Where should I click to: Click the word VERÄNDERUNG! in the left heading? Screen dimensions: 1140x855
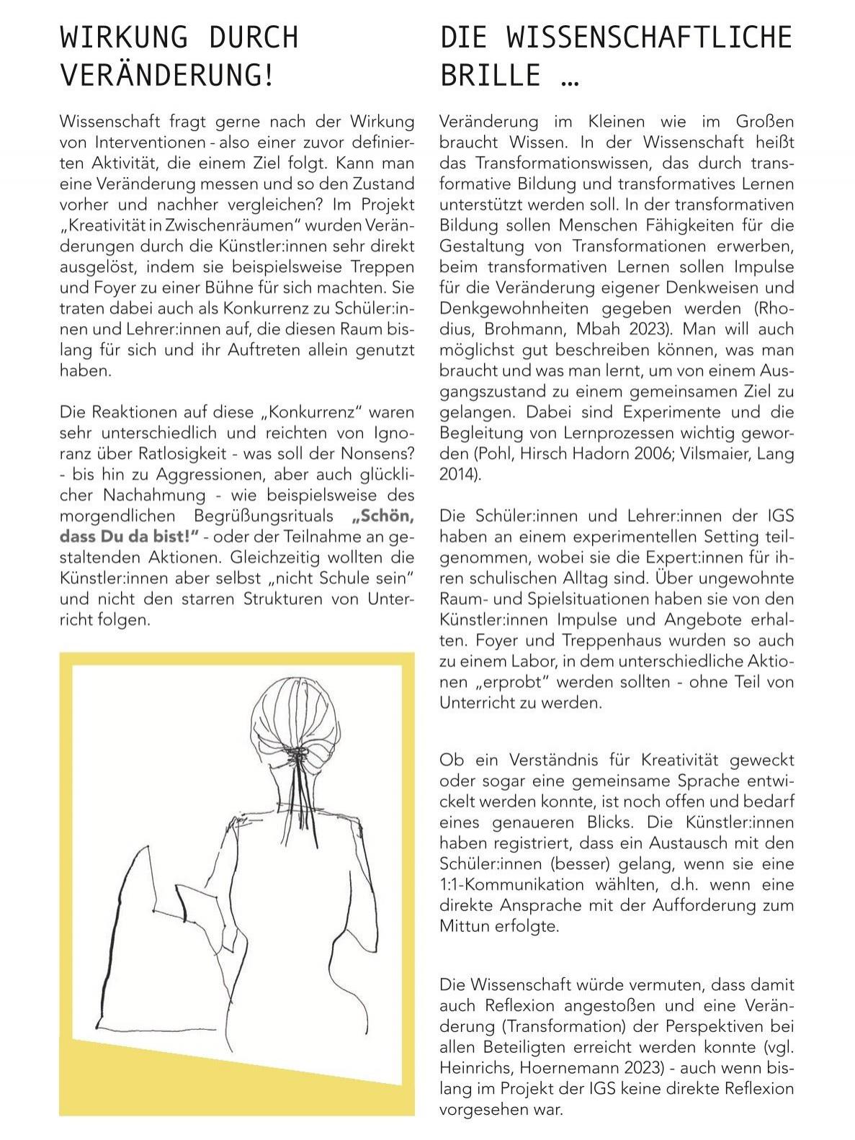[167, 75]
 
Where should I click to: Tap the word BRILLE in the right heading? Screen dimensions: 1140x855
[490, 75]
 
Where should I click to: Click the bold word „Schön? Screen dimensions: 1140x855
[383, 516]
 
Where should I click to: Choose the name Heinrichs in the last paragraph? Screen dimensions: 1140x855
[472, 1067]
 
